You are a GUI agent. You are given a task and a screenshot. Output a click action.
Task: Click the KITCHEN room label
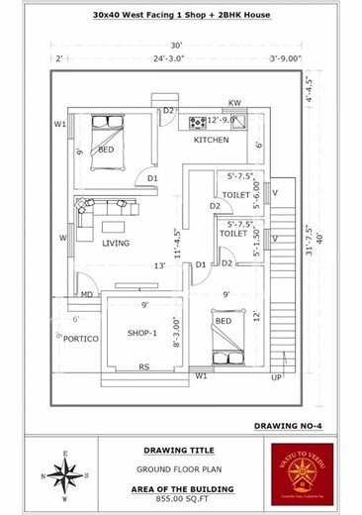point(211,141)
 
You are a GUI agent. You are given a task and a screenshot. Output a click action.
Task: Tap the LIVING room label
point(117,243)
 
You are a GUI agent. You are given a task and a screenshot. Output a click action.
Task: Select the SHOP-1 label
point(142,333)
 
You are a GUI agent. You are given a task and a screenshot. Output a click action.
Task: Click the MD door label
point(87,294)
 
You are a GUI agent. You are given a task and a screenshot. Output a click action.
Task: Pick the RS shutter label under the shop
point(144,368)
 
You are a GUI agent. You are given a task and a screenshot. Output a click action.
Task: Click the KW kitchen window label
point(235,103)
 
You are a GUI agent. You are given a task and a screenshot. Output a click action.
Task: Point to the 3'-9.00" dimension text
point(285,59)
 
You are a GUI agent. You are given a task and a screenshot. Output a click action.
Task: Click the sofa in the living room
point(85,217)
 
